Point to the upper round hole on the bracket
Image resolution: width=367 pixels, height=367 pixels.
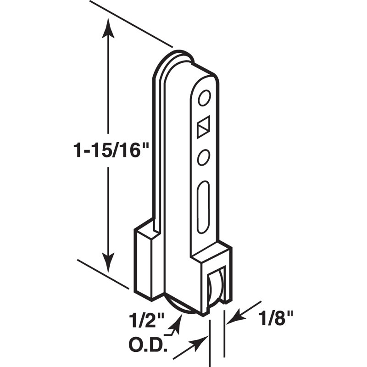[x=204, y=98]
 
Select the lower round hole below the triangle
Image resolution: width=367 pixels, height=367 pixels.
[x=203, y=158]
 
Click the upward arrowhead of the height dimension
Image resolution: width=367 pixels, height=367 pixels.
[x=108, y=28]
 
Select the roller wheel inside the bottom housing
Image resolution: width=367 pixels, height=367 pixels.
[x=214, y=292]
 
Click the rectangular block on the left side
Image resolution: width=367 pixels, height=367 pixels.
[x=146, y=261]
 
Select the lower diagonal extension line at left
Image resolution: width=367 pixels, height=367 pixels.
[x=103, y=273]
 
